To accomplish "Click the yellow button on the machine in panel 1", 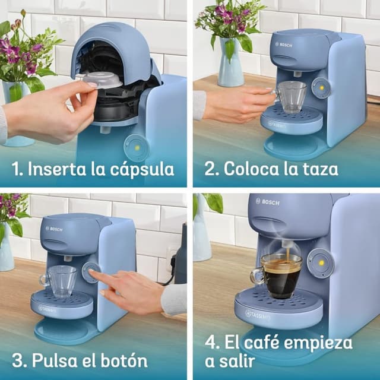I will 135,145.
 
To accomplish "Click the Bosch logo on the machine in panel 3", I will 54,229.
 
